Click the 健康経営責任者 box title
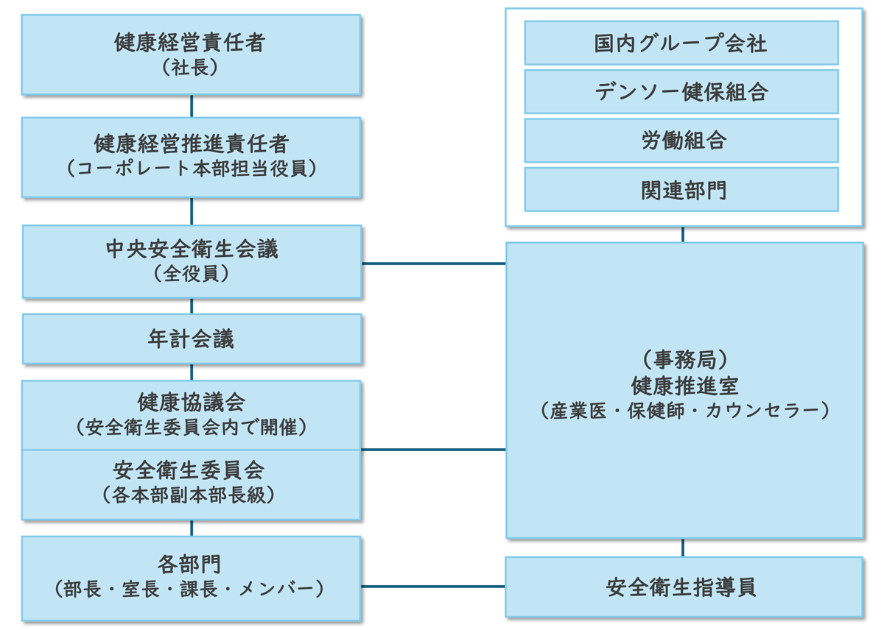[x=191, y=43]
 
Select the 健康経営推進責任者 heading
[x=191, y=142]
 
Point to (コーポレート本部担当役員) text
[x=191, y=169]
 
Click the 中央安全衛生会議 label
[x=192, y=249]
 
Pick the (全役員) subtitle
[x=192, y=275]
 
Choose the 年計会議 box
[x=192, y=339]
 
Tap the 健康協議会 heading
[x=192, y=401]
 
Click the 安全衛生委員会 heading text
[x=192, y=469]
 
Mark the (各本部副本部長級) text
[x=192, y=495]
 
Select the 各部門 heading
[x=191, y=563]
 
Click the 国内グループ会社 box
[x=681, y=43]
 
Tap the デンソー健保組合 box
[x=681, y=92]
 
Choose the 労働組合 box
[x=681, y=141]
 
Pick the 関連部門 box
[x=681, y=190]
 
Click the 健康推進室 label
[x=684, y=385]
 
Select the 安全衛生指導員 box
[x=683, y=587]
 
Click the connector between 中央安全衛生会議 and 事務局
[x=433, y=263]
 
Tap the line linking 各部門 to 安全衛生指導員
[x=433, y=587]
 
